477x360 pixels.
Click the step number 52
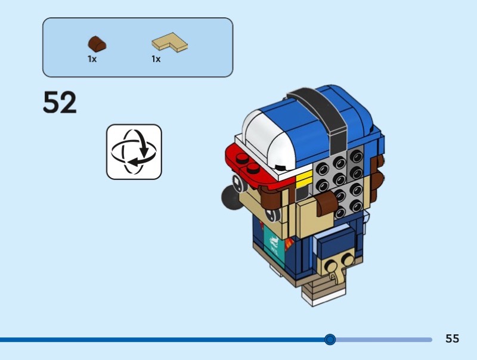tap(60, 103)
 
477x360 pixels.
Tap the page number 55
tap(452, 339)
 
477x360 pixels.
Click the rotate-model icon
tap(134, 151)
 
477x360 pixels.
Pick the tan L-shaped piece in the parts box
tap(170, 42)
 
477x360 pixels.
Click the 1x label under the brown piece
tap(92, 60)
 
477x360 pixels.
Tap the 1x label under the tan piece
tap(156, 60)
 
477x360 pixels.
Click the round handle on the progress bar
tap(330, 339)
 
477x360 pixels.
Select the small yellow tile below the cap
tap(304, 177)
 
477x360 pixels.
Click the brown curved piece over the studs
tap(327, 205)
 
